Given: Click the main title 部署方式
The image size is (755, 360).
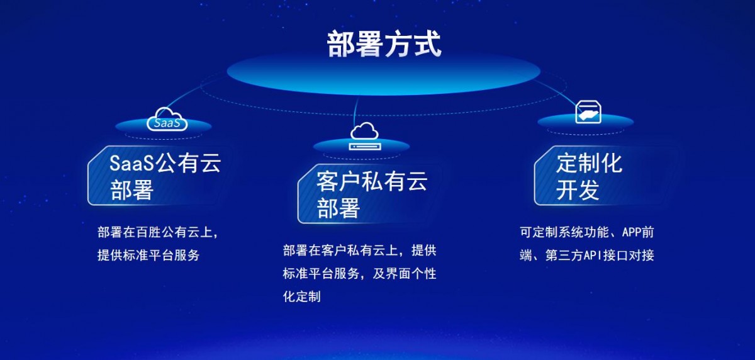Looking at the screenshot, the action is [x=384, y=44].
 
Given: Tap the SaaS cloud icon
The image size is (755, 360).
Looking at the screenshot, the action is [x=167, y=120].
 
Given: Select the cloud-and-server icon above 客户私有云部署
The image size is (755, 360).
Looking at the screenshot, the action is [x=365, y=136].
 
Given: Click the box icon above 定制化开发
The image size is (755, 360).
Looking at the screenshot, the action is [x=588, y=112].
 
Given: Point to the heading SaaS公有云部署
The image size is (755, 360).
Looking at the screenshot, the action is [x=165, y=176].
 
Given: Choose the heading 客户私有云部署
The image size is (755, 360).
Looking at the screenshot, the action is [x=372, y=194].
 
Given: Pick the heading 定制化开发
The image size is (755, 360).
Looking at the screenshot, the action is [x=589, y=176].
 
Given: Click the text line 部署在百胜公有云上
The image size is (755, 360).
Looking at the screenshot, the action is [x=158, y=232].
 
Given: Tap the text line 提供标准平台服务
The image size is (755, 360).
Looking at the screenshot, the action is [x=148, y=255].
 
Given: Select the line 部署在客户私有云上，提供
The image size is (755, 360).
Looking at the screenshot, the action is [x=360, y=250].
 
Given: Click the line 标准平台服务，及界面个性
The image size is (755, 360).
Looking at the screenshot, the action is [x=360, y=273].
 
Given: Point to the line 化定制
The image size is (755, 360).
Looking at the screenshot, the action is [x=301, y=296].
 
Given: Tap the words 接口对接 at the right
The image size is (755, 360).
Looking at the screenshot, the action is [x=629, y=255].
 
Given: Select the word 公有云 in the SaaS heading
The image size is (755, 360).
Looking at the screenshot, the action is [x=188, y=163].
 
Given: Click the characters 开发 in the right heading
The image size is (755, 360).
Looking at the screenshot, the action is [x=578, y=190].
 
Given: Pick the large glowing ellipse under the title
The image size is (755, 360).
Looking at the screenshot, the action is [x=384, y=72].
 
